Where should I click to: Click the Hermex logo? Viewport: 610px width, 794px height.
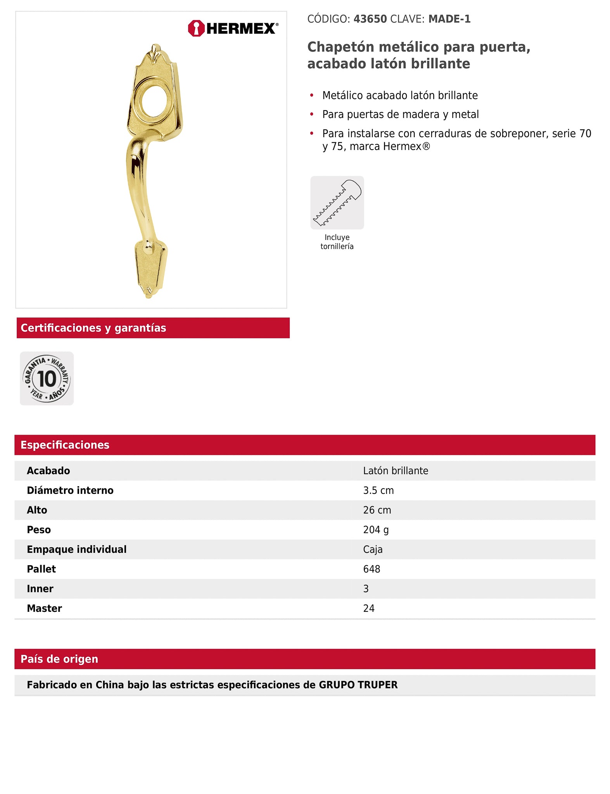(x=233, y=28)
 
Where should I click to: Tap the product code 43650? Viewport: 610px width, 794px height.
(x=370, y=19)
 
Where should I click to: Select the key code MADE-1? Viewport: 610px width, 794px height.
(x=449, y=19)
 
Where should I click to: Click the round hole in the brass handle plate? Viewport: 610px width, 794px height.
(x=154, y=101)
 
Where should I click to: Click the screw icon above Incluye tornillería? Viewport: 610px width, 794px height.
(x=337, y=202)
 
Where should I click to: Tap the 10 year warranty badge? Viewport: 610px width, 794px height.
(x=47, y=378)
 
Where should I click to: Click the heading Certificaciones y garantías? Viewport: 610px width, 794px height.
(x=93, y=328)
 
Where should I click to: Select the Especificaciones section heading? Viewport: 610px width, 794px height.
(x=65, y=445)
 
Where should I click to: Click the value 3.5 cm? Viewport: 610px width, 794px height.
(x=378, y=490)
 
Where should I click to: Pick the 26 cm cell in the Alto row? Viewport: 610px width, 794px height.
(x=377, y=510)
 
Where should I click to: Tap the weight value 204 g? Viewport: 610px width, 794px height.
(x=376, y=530)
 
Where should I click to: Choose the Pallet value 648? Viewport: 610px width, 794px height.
(x=372, y=569)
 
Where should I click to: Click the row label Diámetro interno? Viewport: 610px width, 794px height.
(x=70, y=490)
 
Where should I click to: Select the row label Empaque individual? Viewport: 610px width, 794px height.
(x=77, y=549)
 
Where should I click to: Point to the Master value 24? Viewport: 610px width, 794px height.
(x=369, y=608)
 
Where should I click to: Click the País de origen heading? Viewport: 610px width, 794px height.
(x=59, y=659)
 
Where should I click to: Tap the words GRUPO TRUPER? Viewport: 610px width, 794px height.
(x=358, y=685)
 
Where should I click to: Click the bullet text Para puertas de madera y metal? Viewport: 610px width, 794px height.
(x=400, y=114)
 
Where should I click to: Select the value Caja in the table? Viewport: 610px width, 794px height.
(x=373, y=549)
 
